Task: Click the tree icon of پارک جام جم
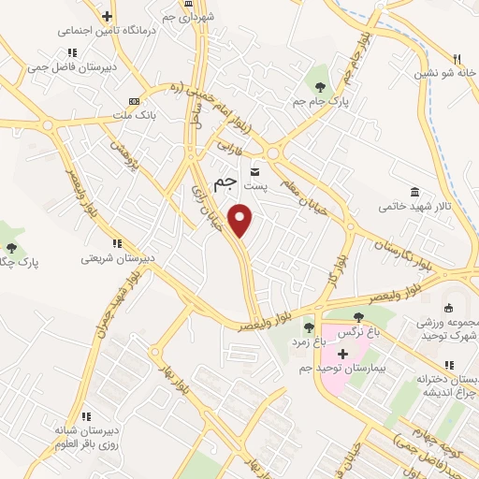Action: click(322, 71)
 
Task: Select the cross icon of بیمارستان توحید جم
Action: click(342, 354)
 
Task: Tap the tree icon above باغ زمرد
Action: click(308, 327)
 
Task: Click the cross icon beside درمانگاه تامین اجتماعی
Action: click(107, 16)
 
